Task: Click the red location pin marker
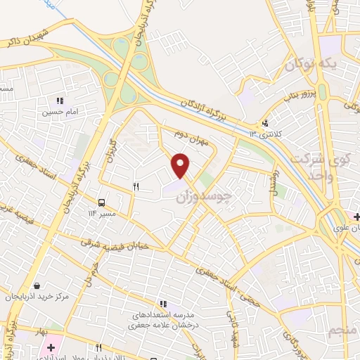pyautogui.click(x=181, y=165)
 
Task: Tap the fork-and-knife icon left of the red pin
pyautogui.click(x=136, y=187)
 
